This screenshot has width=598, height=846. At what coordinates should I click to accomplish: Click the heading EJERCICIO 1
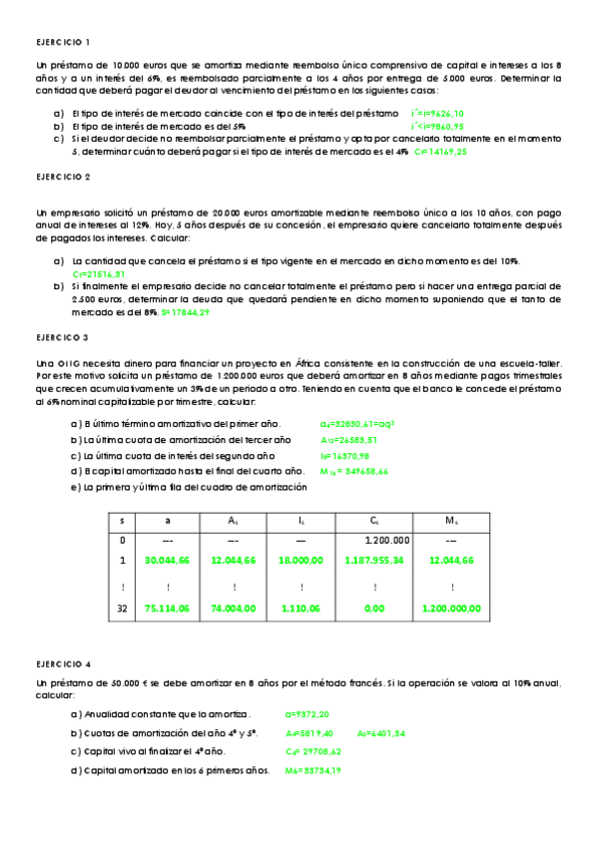click(x=63, y=42)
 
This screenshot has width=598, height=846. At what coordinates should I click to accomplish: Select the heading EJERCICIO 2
click(x=63, y=177)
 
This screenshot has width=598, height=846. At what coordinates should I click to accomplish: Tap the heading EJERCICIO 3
click(x=63, y=338)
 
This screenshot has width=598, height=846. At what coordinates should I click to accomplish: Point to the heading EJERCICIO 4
click(x=63, y=662)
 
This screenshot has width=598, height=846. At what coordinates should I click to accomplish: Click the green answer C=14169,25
click(x=440, y=153)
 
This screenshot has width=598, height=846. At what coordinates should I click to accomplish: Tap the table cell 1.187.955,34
click(x=373, y=561)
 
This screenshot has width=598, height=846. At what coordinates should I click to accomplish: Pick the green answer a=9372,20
click(x=307, y=714)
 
